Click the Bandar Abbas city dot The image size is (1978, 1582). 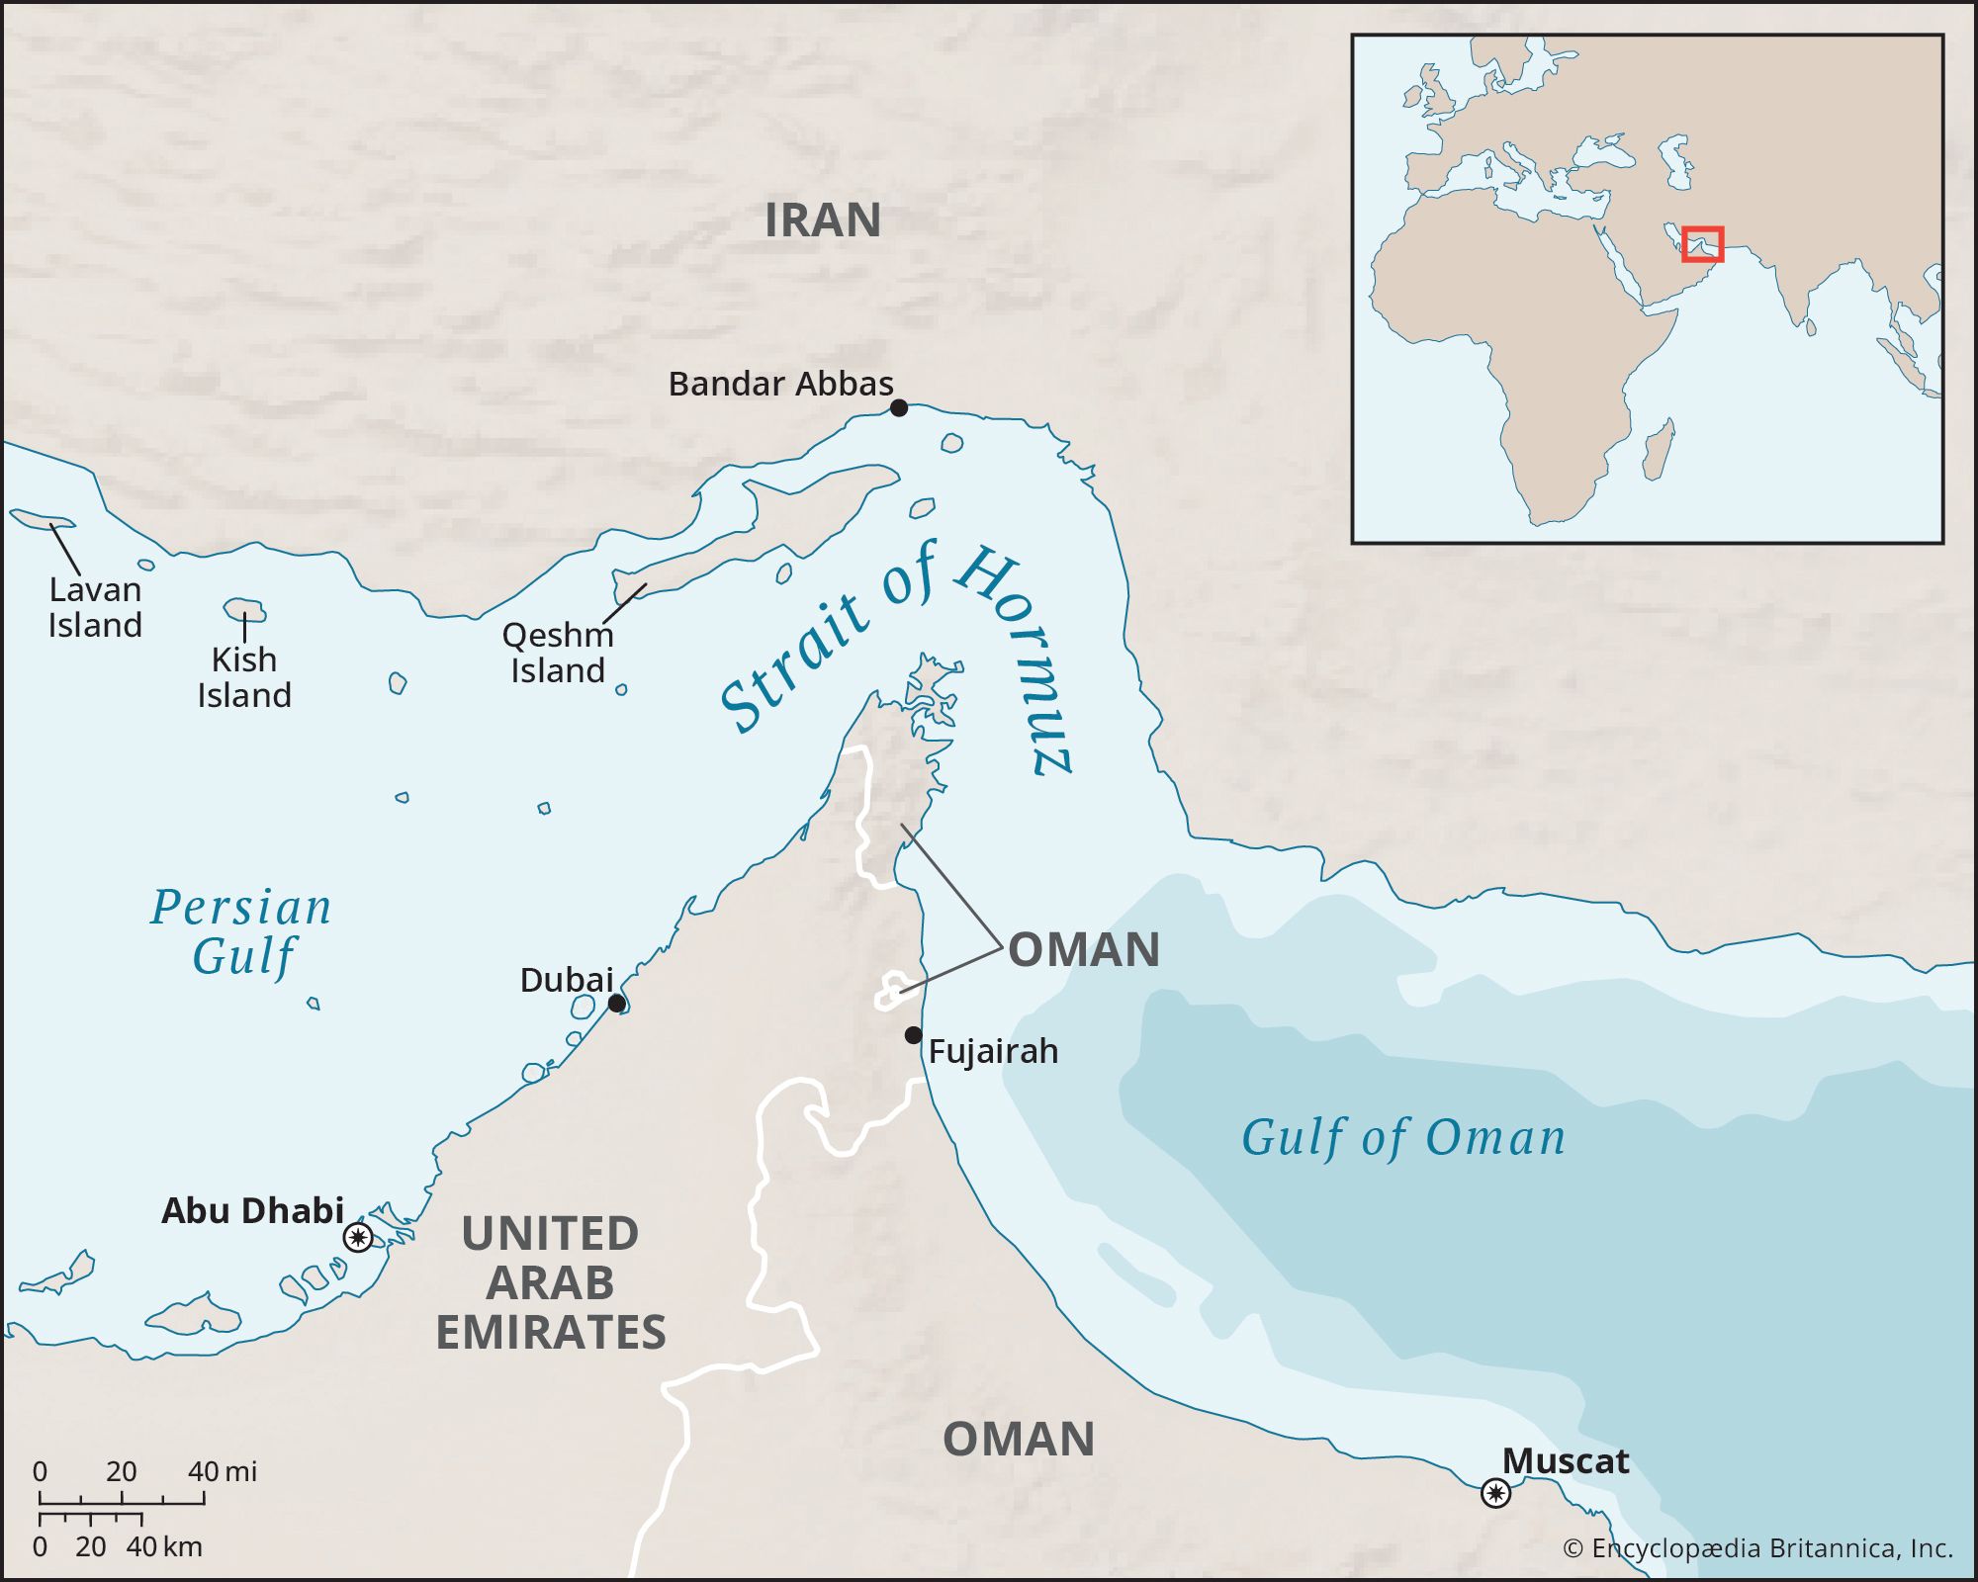click(x=898, y=407)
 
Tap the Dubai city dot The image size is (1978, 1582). click(x=616, y=1004)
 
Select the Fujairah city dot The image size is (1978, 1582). click(x=913, y=1035)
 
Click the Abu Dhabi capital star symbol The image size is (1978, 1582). click(x=358, y=1237)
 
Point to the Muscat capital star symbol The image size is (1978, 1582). click(x=1495, y=1492)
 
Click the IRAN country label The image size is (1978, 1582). click(x=822, y=220)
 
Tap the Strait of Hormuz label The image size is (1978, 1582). click(x=895, y=653)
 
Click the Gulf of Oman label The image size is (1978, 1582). click(x=1403, y=1137)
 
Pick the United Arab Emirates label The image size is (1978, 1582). click(x=550, y=1282)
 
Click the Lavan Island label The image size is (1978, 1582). click(x=95, y=607)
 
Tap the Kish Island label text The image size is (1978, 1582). click(x=243, y=677)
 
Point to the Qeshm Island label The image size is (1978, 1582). click(x=557, y=653)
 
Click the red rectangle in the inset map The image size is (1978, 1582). click(x=1703, y=244)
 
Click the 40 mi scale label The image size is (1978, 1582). click(x=223, y=1471)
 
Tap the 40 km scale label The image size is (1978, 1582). click(x=164, y=1546)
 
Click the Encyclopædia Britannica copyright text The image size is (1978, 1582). click(x=1757, y=1548)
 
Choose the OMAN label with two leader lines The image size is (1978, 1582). click(x=1083, y=950)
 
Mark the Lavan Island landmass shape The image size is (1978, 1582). click(x=40, y=520)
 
